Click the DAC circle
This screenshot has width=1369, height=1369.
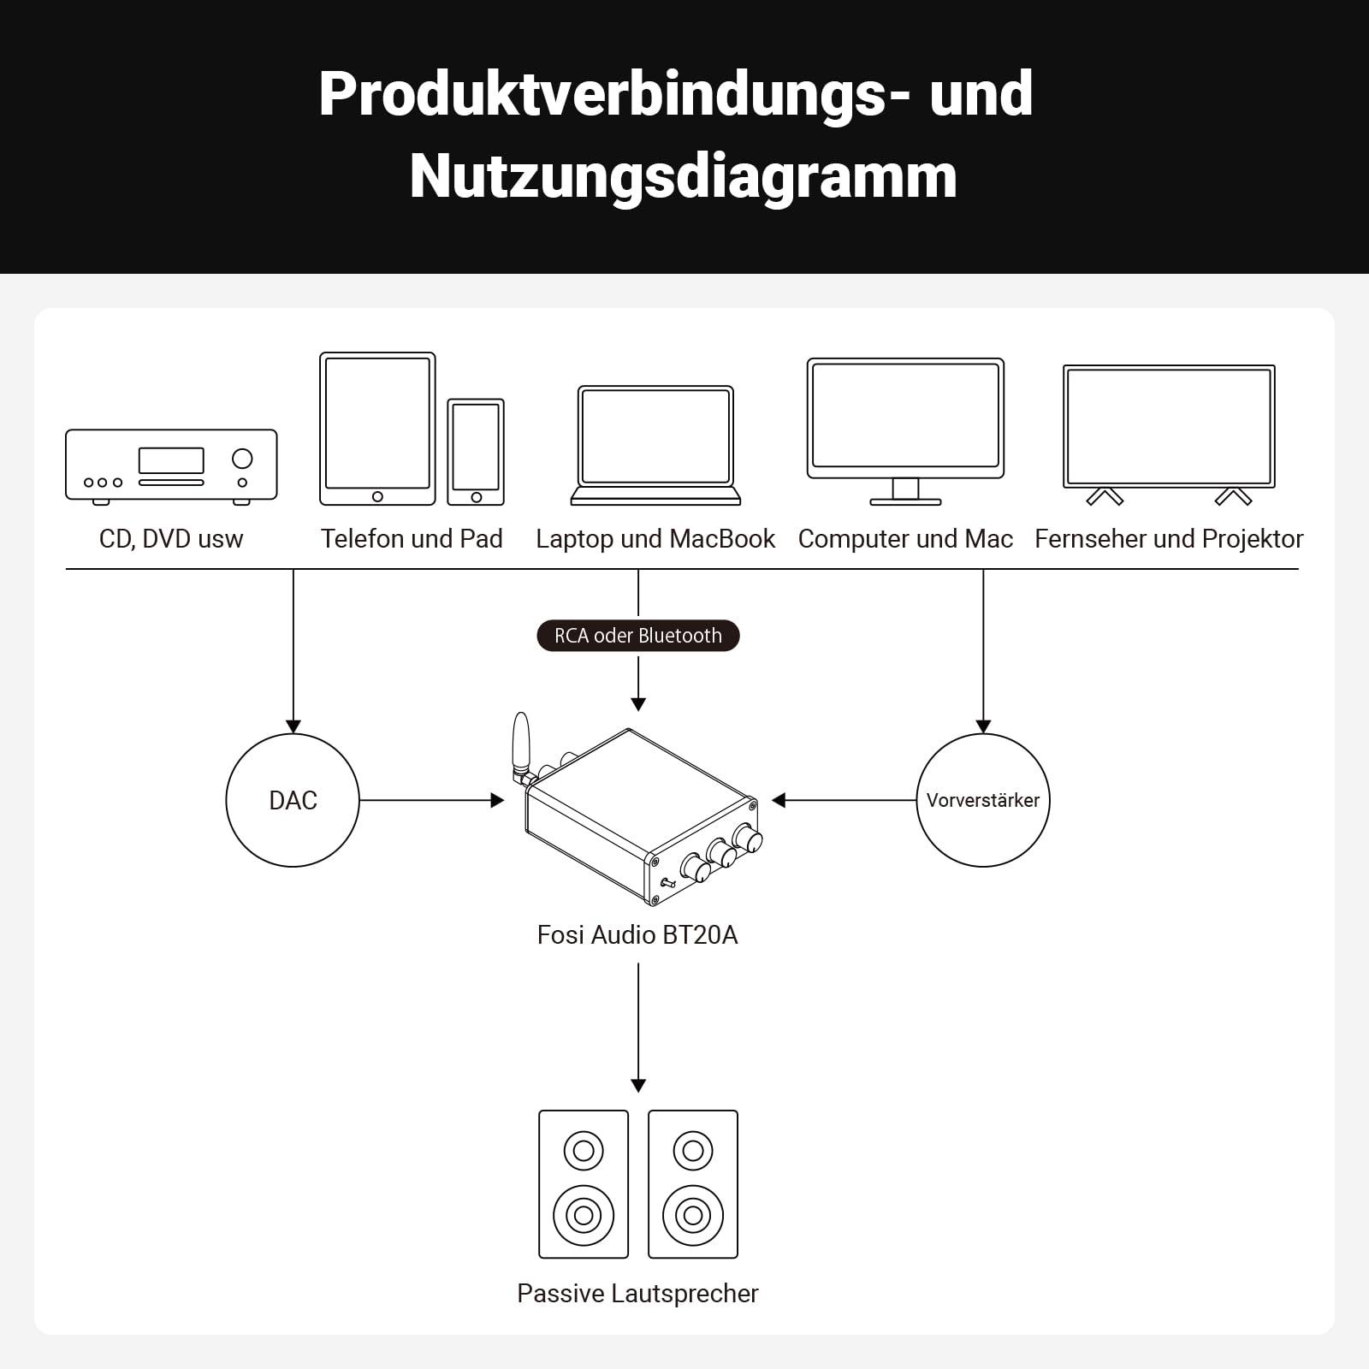pyautogui.click(x=293, y=800)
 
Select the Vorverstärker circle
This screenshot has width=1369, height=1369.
pyautogui.click(x=982, y=800)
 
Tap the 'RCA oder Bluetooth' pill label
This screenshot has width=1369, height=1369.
pyautogui.click(x=637, y=636)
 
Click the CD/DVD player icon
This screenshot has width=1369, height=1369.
pyautogui.click(x=171, y=466)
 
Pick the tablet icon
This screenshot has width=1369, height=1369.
pyautogui.click(x=377, y=429)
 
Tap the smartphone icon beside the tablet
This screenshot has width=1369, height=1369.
pyautogui.click(x=476, y=452)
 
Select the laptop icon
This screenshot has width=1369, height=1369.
pyautogui.click(x=655, y=446)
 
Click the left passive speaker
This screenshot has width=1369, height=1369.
pyautogui.click(x=584, y=1184)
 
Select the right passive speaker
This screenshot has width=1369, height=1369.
pyautogui.click(x=693, y=1184)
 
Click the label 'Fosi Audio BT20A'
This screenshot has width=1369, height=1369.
pyautogui.click(x=637, y=934)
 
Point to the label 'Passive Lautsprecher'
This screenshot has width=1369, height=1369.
pyautogui.click(x=637, y=1293)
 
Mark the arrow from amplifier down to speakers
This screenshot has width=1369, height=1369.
pyautogui.click(x=638, y=1027)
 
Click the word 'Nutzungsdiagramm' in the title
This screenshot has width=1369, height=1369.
pyautogui.click(x=683, y=176)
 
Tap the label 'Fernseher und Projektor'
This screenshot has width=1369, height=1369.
pyautogui.click(x=1169, y=539)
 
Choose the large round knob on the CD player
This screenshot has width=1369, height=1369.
pyautogui.click(x=242, y=459)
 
